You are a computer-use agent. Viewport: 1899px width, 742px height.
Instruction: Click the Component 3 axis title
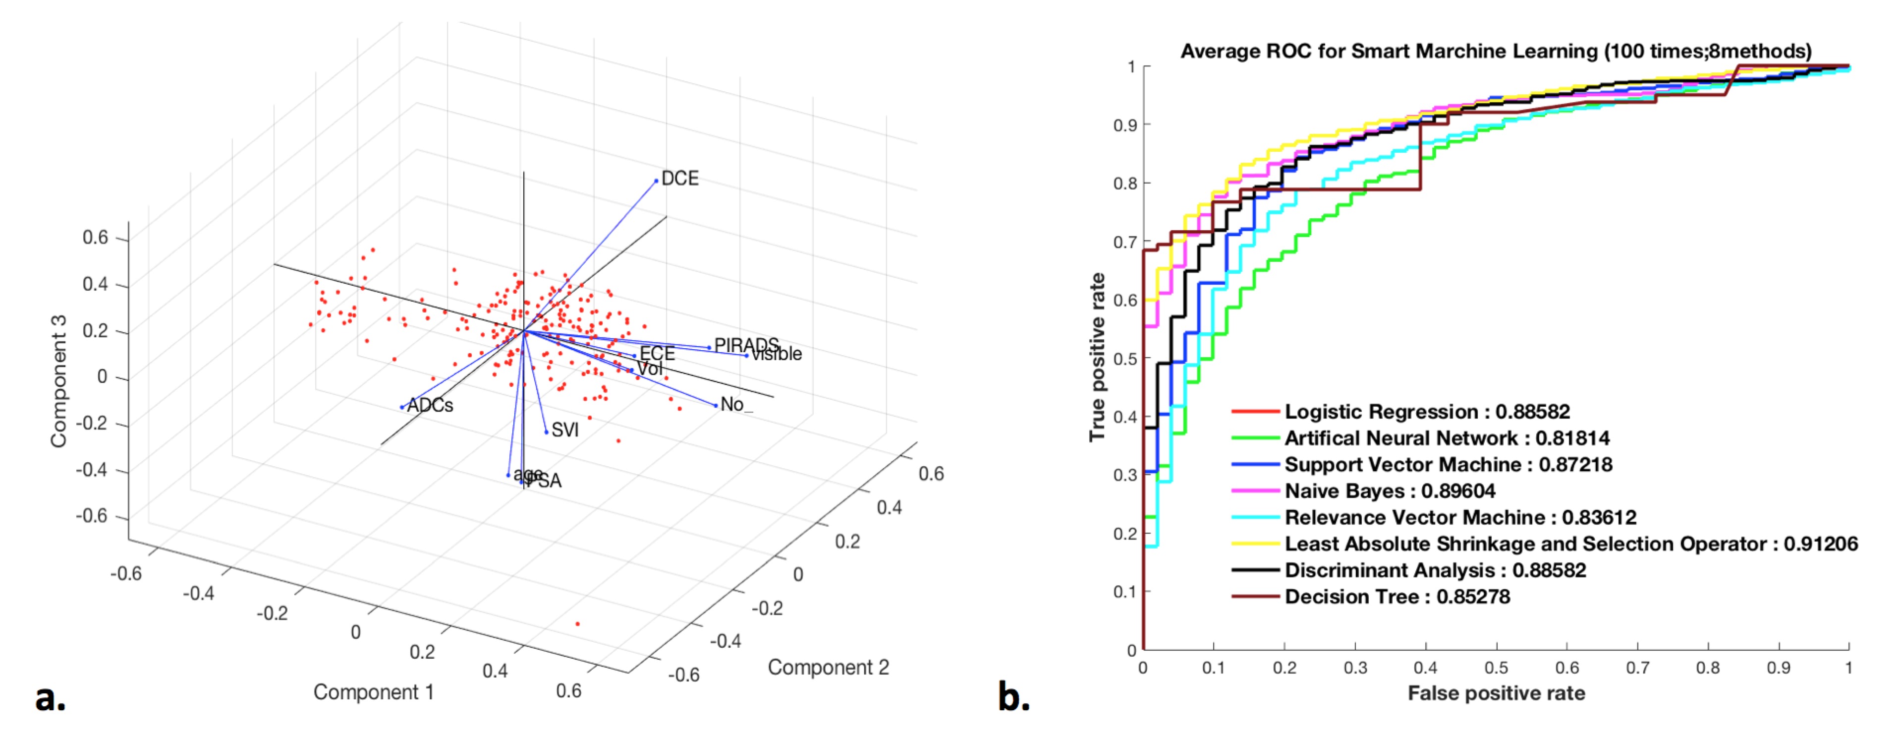[58, 381]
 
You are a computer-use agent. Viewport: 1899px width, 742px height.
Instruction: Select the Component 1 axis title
[373, 692]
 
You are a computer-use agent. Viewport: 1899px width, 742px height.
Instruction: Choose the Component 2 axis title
[828, 668]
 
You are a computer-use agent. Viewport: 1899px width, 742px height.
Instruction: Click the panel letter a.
[50, 697]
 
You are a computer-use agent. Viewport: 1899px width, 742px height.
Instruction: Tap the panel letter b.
[1013, 697]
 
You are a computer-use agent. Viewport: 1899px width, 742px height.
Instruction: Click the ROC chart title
[1496, 51]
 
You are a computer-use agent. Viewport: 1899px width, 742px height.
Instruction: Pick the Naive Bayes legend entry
[1389, 491]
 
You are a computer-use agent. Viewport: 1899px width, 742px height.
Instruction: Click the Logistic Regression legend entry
[1426, 412]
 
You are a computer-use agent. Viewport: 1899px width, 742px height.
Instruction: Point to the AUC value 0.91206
[1820, 544]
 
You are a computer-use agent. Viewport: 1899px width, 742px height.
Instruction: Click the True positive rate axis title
[1097, 357]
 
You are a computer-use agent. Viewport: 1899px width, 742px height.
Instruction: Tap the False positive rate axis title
[1496, 693]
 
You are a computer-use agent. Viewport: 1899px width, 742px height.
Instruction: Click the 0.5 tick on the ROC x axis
[1496, 668]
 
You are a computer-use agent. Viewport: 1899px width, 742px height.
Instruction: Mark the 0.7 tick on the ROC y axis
[1125, 242]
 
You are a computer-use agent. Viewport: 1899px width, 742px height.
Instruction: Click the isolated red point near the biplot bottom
[577, 624]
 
